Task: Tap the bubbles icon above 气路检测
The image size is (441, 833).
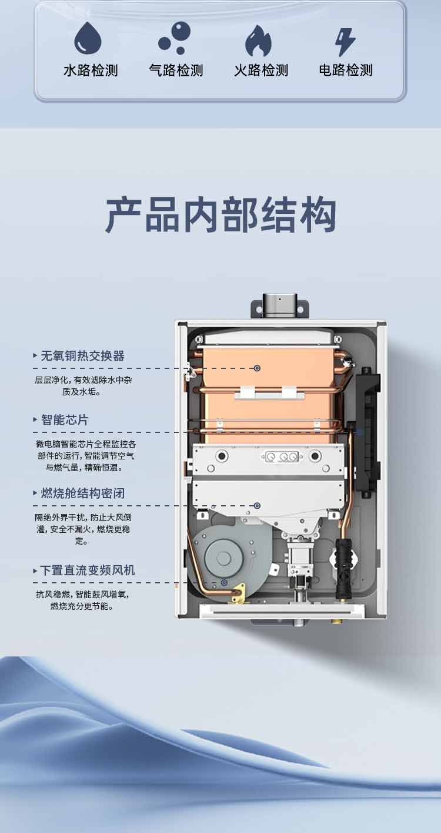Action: click(175, 38)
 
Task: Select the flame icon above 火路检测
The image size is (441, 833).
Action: click(259, 41)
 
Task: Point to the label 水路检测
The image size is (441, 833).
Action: click(91, 71)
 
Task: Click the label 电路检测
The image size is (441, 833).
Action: click(346, 71)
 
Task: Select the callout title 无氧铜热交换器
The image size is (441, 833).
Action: click(82, 356)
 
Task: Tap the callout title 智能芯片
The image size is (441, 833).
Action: click(64, 420)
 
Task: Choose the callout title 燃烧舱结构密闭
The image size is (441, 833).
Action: click(82, 493)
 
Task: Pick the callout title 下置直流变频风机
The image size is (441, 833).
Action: click(87, 570)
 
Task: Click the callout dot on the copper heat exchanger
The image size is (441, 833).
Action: click(257, 368)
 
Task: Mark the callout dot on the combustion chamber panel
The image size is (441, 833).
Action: click(257, 505)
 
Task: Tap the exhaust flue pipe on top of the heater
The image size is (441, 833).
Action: click(280, 305)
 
